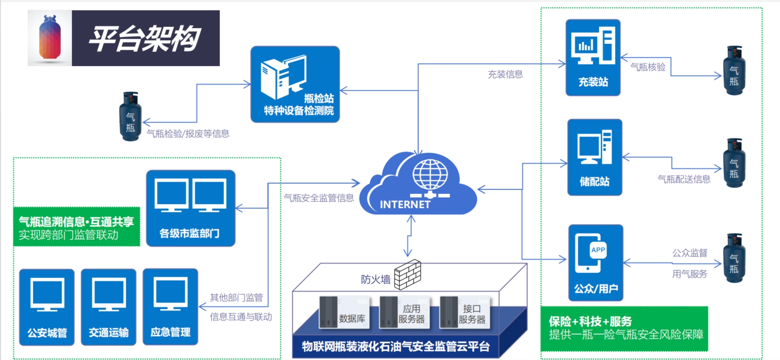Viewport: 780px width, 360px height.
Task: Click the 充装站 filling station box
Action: click(x=593, y=57)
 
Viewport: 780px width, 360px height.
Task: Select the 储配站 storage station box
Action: click(x=595, y=157)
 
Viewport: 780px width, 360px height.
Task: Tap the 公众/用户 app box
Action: click(x=595, y=262)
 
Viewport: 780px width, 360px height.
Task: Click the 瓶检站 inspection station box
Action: click(x=295, y=84)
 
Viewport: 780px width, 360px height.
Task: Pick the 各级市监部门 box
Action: click(x=190, y=208)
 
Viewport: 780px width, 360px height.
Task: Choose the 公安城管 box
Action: click(x=47, y=307)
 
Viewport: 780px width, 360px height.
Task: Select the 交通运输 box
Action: click(x=109, y=307)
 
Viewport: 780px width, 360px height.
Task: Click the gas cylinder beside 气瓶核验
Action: click(x=734, y=71)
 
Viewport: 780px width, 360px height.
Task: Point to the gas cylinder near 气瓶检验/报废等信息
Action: click(x=130, y=117)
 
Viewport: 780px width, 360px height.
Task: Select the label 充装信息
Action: click(x=505, y=74)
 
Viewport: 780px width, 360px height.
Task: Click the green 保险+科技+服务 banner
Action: click(x=624, y=329)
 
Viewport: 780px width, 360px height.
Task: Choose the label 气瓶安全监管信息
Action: click(x=319, y=198)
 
